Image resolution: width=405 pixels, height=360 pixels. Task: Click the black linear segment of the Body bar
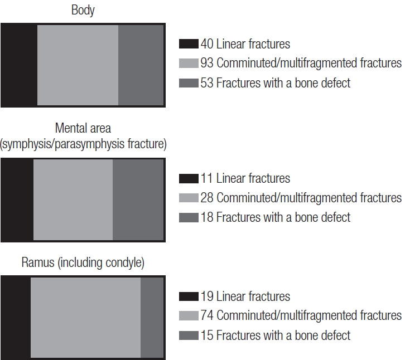pos(19,65)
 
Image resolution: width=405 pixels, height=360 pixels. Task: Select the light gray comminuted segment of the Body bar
pos(78,65)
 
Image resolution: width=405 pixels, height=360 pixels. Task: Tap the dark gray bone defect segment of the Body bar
pos(141,65)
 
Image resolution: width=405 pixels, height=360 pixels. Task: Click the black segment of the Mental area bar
pos(17,200)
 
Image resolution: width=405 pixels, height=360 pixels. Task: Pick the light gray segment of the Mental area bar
pos(73,200)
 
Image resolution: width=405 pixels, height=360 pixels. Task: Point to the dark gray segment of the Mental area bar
pos(138,200)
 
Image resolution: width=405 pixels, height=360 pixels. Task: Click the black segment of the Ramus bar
pos(16,318)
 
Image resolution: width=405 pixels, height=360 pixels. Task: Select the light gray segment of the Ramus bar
pos(85,318)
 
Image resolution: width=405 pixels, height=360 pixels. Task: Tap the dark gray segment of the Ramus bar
pos(152,318)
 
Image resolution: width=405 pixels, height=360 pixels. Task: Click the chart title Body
pos(83,11)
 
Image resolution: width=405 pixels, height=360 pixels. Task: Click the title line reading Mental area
pos(83,129)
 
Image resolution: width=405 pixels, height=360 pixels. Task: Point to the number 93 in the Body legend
pos(207,64)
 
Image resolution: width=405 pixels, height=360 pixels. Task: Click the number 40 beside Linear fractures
pos(207,44)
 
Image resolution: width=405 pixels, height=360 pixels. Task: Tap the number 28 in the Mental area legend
pos(207,198)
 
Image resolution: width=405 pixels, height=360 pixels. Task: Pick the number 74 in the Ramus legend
pos(207,316)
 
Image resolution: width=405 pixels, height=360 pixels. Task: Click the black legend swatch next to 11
pos(189,179)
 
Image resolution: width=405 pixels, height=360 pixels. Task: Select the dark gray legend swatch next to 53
pos(189,84)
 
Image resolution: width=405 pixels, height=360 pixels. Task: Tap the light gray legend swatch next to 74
pos(189,316)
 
